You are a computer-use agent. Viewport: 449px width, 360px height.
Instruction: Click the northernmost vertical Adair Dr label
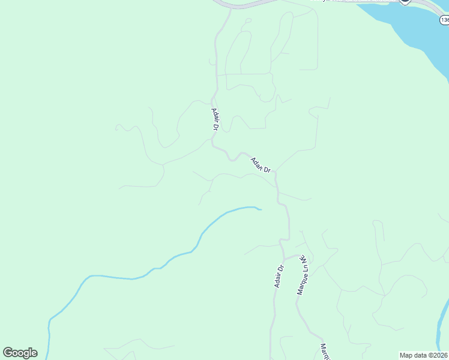[214, 119]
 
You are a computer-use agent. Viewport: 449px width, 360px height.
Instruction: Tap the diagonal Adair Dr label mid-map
[261, 165]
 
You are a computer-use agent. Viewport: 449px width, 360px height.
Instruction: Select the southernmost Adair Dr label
[279, 276]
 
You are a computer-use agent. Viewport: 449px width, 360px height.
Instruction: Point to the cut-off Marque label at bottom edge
[325, 352]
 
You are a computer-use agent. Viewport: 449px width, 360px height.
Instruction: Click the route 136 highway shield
[444, 20]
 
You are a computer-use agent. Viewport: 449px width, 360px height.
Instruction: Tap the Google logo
[20, 353]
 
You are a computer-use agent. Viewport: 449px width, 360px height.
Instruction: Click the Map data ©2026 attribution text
[423, 355]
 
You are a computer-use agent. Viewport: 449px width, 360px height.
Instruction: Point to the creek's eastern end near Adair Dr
[260, 209]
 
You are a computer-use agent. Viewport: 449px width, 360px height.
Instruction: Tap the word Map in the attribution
[406, 355]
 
